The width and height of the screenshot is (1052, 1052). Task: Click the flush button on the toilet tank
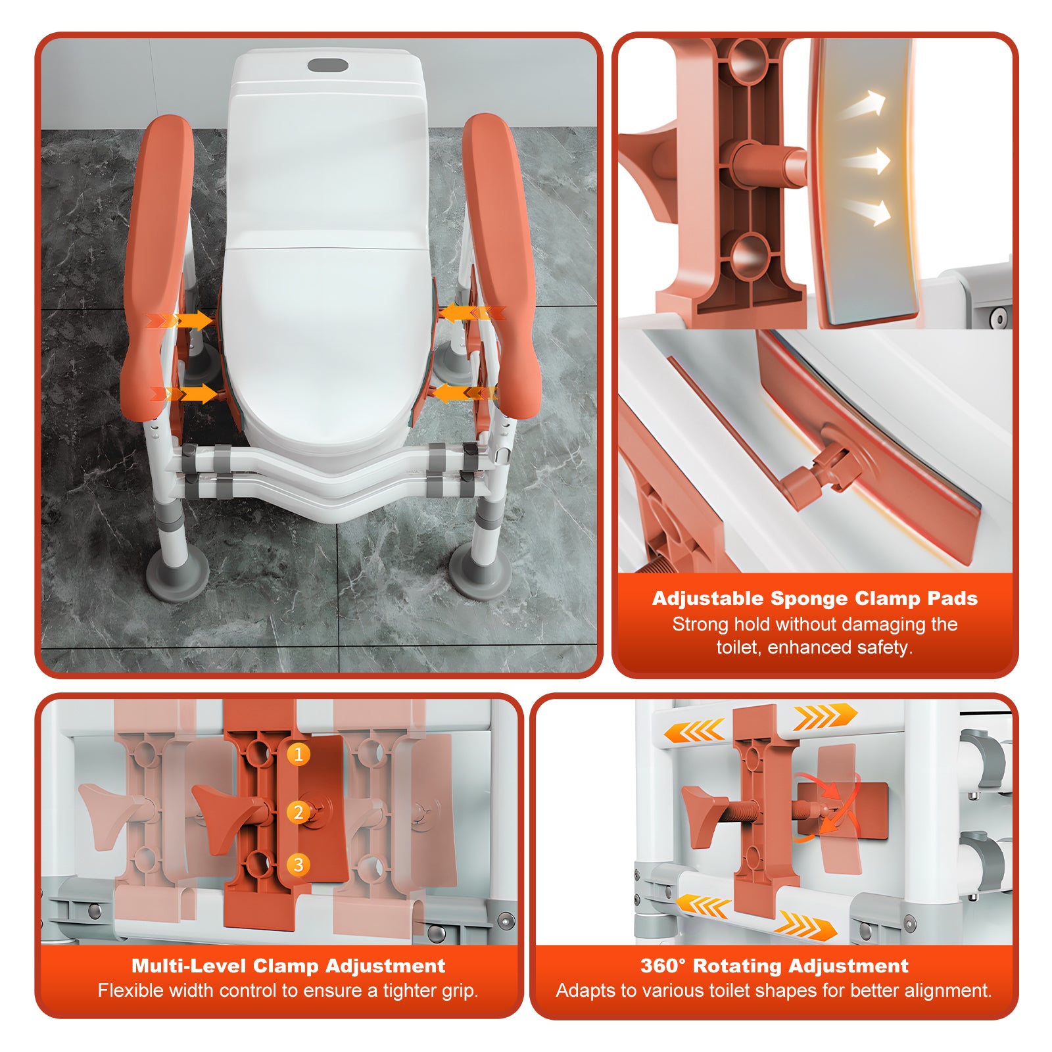(328, 66)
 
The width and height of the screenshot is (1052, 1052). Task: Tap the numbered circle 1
(299, 754)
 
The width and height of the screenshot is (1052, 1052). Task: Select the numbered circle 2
(299, 813)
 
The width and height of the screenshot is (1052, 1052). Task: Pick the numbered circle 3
(299, 864)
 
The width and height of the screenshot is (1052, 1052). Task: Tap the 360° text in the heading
(663, 965)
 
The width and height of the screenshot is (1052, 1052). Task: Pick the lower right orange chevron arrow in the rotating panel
(806, 924)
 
